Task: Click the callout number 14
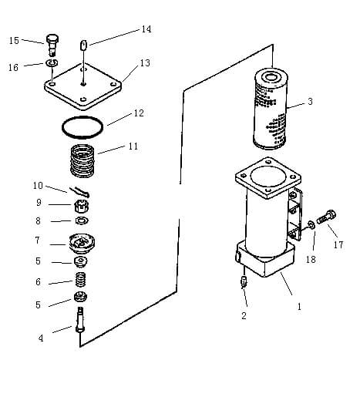(146, 29)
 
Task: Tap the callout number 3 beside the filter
(310, 102)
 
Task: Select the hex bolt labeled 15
(52, 45)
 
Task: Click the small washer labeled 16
(52, 62)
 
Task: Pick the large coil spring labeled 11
(82, 161)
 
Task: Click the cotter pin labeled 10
(79, 191)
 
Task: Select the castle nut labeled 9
(82, 207)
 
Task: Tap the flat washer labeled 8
(82, 220)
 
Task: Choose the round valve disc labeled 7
(82, 243)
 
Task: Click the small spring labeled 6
(81, 280)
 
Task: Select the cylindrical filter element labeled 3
(270, 109)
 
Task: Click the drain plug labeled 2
(244, 281)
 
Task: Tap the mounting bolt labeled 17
(327, 217)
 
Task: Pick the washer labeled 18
(311, 225)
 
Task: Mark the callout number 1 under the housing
(299, 306)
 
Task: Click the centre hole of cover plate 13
(82, 83)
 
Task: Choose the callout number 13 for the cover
(145, 63)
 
